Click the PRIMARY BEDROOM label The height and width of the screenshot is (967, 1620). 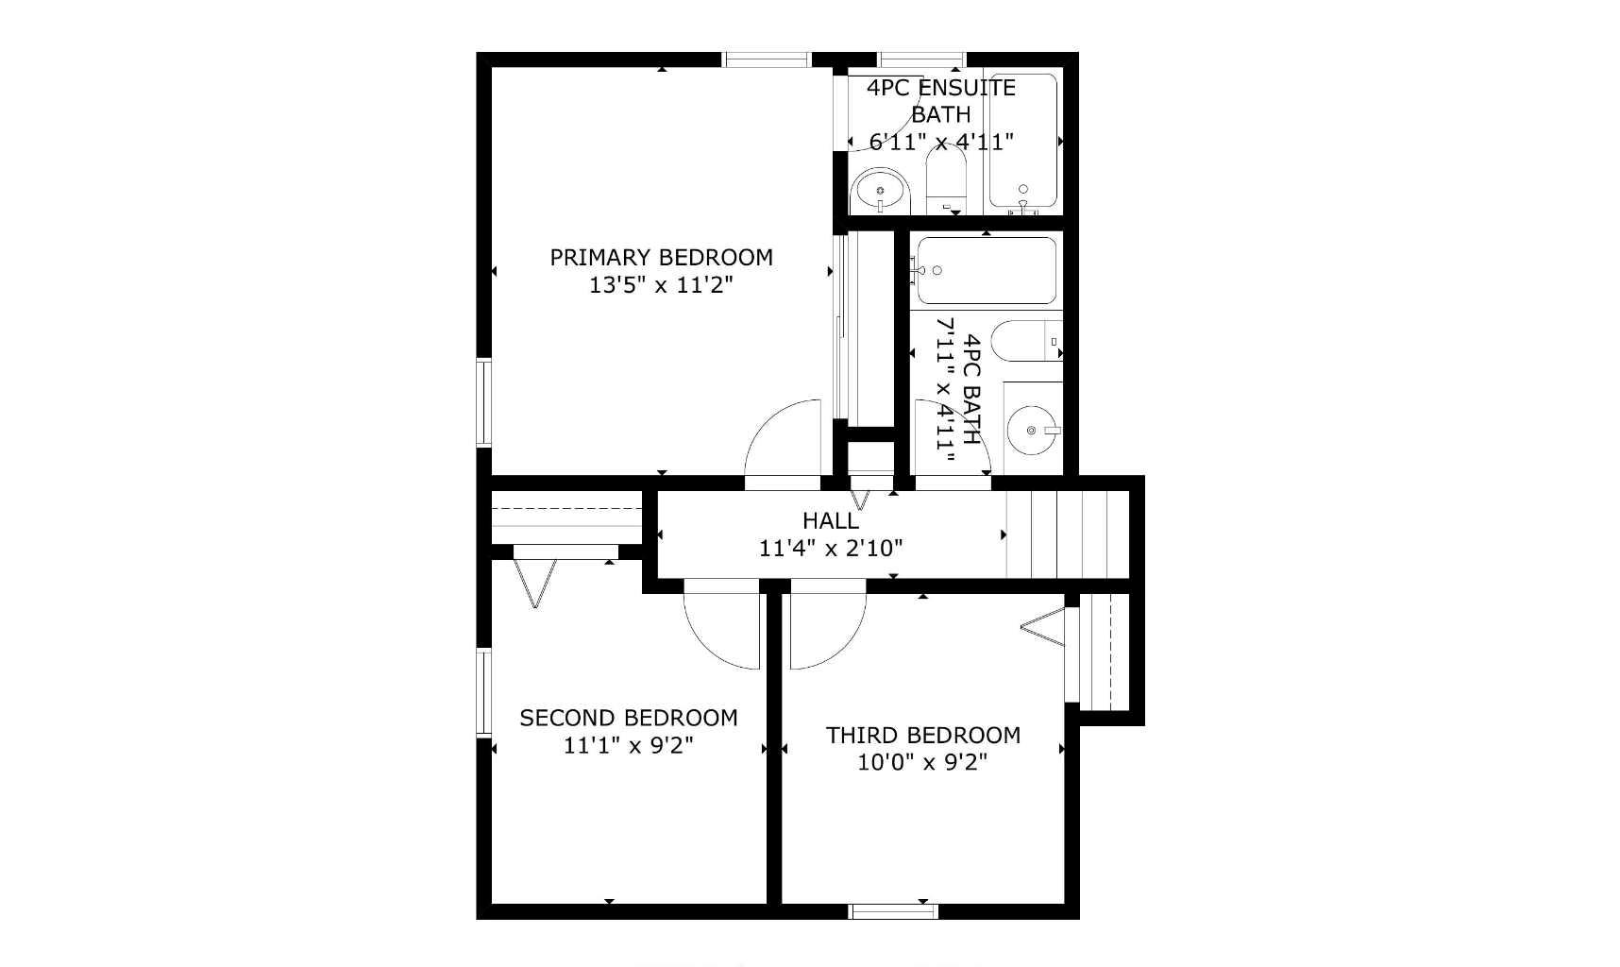tap(661, 257)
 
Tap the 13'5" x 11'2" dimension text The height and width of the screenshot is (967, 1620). tap(661, 284)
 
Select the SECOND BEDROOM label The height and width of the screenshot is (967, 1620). tap(629, 718)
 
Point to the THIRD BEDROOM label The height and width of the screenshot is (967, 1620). tap(923, 735)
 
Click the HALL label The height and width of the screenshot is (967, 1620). tap(831, 520)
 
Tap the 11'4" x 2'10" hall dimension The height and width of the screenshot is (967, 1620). tap(831, 548)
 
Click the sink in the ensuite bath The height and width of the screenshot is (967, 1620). tap(880, 192)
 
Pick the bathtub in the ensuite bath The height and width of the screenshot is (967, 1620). tap(1022, 141)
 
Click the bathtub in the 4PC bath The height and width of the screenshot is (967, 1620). tap(987, 270)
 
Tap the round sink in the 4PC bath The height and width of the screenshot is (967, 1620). tap(1031, 431)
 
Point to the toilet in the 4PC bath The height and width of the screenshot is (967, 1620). tap(1027, 341)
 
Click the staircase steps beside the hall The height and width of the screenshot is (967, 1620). tap(1068, 534)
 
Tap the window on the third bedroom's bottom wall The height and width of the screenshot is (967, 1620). tap(893, 911)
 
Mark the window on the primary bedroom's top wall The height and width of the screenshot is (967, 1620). tap(768, 59)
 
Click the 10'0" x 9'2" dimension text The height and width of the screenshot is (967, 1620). tap(923, 762)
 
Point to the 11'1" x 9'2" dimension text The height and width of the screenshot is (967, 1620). tap(629, 745)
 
